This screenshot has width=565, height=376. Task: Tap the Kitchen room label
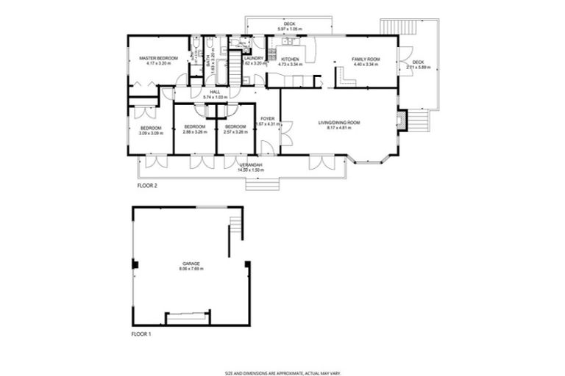click(289, 58)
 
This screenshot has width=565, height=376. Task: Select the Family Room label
click(365, 58)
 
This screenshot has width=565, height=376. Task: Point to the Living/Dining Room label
click(338, 122)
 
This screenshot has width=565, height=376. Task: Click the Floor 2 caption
click(147, 186)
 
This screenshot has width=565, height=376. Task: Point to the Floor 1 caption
click(141, 334)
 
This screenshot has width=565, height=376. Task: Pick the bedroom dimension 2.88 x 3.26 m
click(194, 133)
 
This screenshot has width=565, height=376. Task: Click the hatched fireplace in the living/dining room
click(400, 120)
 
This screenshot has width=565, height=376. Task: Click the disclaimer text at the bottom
click(282, 372)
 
